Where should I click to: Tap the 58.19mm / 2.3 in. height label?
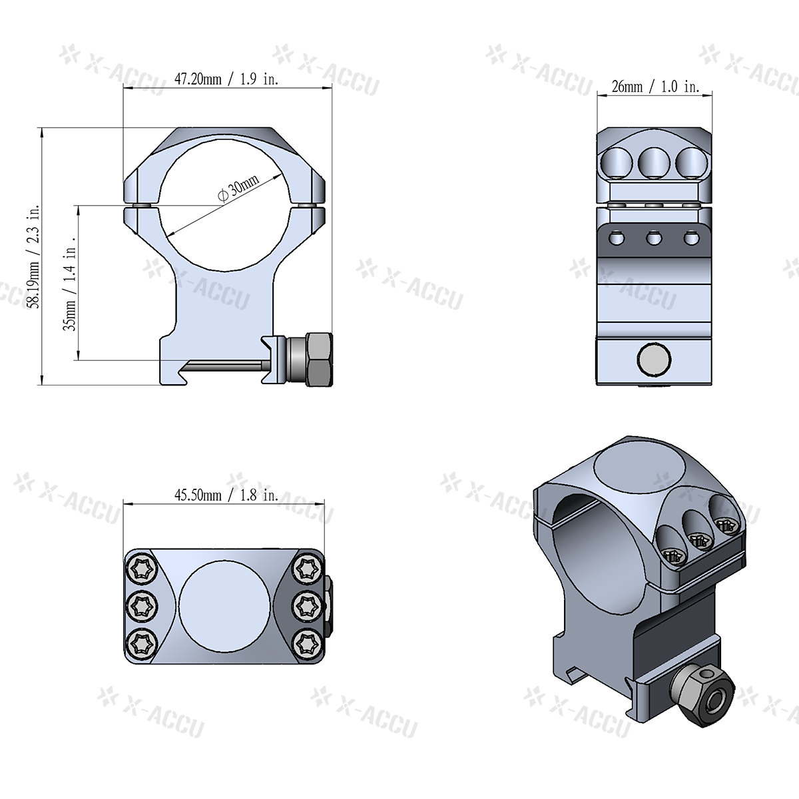coord(38,256)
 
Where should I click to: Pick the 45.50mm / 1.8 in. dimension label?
coord(226,495)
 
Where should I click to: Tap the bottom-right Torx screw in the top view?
coord(308,643)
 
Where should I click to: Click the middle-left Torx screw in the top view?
coord(142,606)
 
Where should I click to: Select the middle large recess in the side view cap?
coord(654,160)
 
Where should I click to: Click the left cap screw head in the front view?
coord(140,206)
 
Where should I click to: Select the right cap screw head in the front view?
coord(308,206)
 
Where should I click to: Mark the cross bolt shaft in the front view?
coord(230,364)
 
